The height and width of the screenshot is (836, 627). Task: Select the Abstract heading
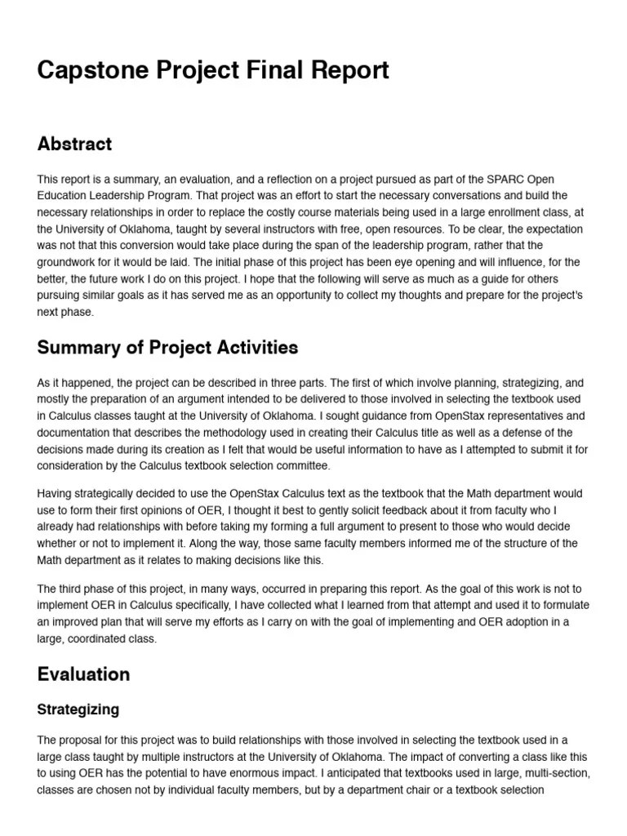74,145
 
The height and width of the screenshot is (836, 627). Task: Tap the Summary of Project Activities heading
167,348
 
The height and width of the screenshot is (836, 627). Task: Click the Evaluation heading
83,674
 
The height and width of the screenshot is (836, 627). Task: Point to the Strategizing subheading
78,709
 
